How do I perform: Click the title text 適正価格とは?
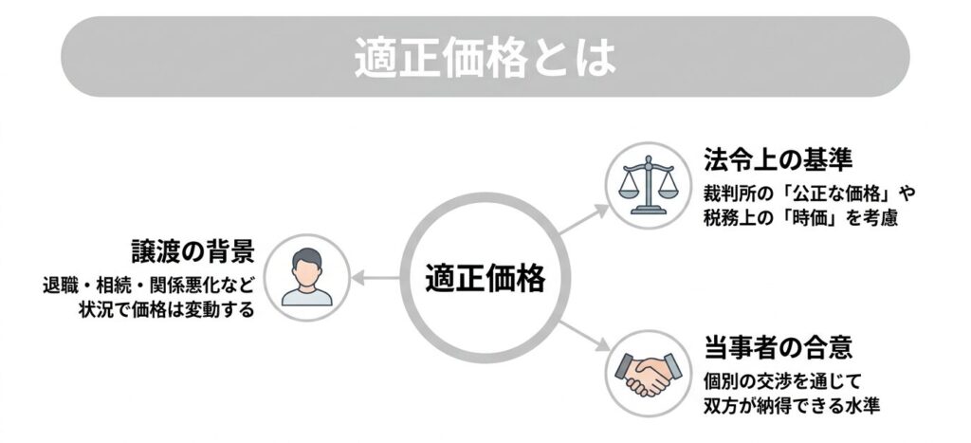click(485, 58)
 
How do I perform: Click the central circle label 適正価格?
click(485, 278)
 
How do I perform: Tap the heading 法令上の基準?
click(778, 160)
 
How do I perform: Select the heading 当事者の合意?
click(778, 347)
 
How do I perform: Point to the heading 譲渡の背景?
click(192, 252)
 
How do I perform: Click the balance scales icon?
click(649, 185)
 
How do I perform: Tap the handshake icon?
click(648, 374)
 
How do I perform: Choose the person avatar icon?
click(307, 277)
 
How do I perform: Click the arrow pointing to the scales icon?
click(584, 219)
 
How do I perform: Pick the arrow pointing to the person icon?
click(376, 278)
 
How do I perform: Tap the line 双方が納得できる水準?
click(792, 406)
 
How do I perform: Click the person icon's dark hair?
click(307, 256)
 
